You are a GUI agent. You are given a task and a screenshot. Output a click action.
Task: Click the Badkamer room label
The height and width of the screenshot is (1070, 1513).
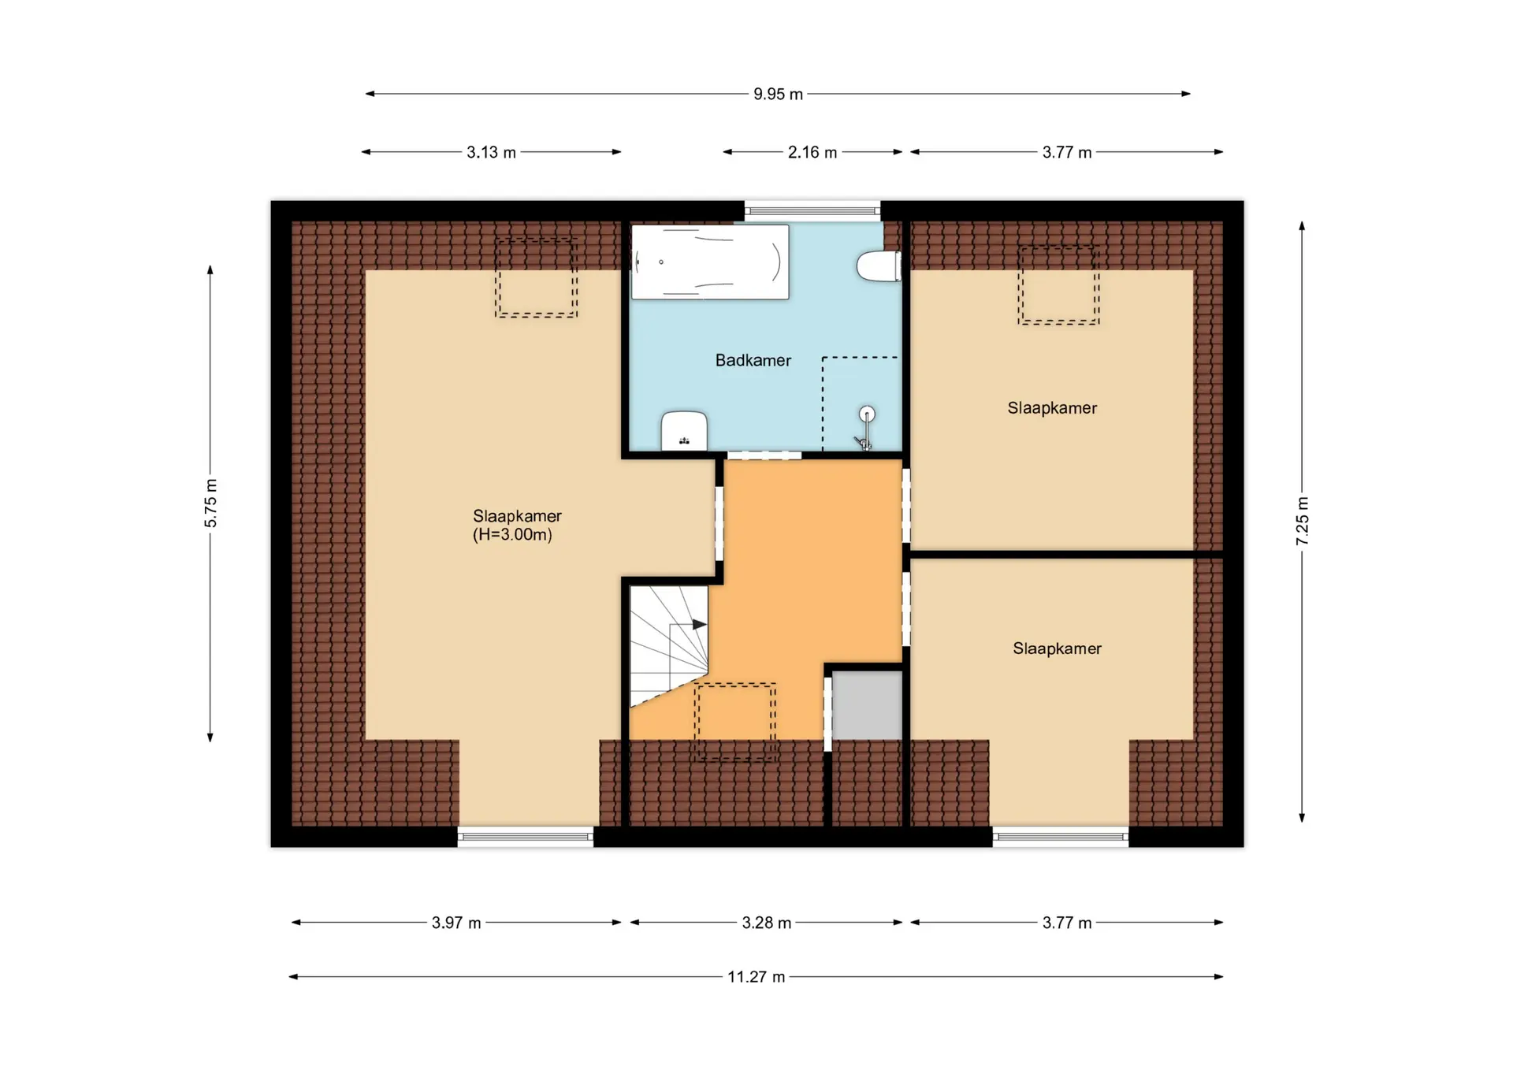click(753, 360)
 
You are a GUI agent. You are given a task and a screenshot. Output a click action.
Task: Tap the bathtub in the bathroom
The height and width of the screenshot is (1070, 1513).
click(710, 262)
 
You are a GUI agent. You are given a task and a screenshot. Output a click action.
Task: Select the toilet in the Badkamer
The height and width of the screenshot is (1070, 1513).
click(879, 266)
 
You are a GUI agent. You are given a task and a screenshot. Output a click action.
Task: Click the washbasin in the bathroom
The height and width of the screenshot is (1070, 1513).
click(684, 430)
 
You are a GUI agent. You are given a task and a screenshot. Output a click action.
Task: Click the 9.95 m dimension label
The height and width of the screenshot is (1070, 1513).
click(778, 94)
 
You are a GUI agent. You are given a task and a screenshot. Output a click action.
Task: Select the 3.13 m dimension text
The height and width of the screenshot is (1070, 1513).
click(491, 152)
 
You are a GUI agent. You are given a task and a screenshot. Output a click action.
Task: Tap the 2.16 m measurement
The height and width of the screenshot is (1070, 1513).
click(812, 152)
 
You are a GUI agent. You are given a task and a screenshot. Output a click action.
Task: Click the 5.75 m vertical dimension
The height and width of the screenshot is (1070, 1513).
click(210, 503)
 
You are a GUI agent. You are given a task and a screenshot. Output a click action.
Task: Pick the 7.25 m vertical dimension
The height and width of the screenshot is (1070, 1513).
click(1302, 521)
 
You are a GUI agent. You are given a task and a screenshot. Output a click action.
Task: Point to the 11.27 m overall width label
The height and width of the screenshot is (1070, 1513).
click(756, 977)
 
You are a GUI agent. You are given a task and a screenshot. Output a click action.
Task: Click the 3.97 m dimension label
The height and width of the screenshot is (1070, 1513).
click(455, 923)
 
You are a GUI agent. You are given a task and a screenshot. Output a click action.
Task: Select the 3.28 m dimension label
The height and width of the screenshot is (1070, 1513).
click(766, 923)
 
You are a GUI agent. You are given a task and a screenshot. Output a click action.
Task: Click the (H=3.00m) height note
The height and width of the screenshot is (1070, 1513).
click(512, 534)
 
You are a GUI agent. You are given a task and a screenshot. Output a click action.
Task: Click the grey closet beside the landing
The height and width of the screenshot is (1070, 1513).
click(867, 705)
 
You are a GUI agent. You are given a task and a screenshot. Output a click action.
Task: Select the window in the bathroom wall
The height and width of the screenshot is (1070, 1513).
click(812, 210)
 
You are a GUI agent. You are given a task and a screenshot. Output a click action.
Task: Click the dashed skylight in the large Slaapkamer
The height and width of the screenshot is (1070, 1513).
click(536, 277)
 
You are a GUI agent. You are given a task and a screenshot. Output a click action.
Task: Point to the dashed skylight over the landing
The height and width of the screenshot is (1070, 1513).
click(734, 722)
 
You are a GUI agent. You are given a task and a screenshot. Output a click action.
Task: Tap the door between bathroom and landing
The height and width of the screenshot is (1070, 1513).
click(764, 455)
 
